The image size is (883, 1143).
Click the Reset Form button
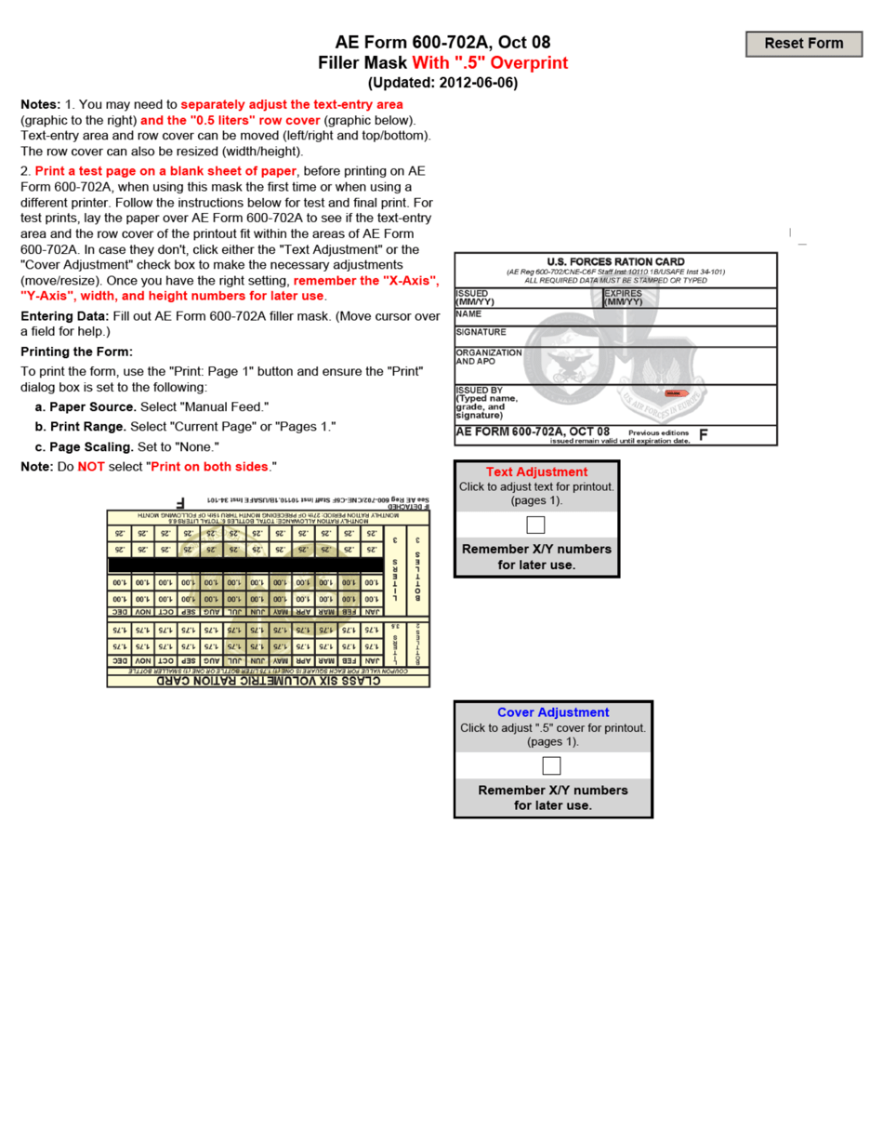(803, 44)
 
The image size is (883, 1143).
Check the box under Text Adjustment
(535, 525)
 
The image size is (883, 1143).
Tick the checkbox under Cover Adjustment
(551, 765)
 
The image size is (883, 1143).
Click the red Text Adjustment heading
(536, 472)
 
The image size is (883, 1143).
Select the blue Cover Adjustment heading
(553, 712)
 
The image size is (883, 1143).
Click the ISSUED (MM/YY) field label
(474, 297)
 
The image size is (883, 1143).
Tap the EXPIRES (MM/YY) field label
(623, 297)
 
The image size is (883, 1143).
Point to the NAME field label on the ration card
(468, 314)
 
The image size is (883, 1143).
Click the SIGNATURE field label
(481, 332)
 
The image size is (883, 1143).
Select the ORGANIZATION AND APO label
(488, 356)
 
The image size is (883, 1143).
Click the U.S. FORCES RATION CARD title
(615, 261)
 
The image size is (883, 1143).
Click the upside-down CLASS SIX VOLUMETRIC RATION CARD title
(268, 681)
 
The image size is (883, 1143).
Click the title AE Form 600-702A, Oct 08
(442, 43)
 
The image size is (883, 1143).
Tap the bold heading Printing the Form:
(76, 352)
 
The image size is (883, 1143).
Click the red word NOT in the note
(91, 466)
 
